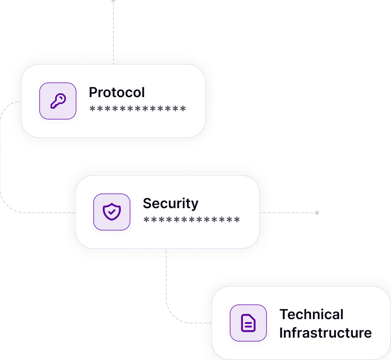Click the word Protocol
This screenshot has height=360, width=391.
coord(117,93)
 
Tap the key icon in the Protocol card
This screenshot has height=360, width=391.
coord(58,101)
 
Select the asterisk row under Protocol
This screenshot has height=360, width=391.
coord(138,109)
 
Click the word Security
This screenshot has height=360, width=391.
coord(170,204)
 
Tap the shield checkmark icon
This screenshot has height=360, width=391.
coord(112,212)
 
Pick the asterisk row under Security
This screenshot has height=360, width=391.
coord(192,220)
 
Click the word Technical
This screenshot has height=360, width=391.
coord(311,315)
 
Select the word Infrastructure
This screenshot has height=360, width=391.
coord(325,333)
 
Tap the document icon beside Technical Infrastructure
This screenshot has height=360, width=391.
coord(248,323)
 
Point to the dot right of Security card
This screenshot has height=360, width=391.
coord(317,212)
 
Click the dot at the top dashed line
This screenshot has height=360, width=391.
coord(113,1)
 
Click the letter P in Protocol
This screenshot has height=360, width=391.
coord(93,93)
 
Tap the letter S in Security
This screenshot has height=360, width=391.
coord(147,204)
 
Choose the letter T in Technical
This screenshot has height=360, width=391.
coord(283,315)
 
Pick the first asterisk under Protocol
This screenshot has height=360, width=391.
coord(92,109)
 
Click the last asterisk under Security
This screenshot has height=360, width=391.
coord(237,220)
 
